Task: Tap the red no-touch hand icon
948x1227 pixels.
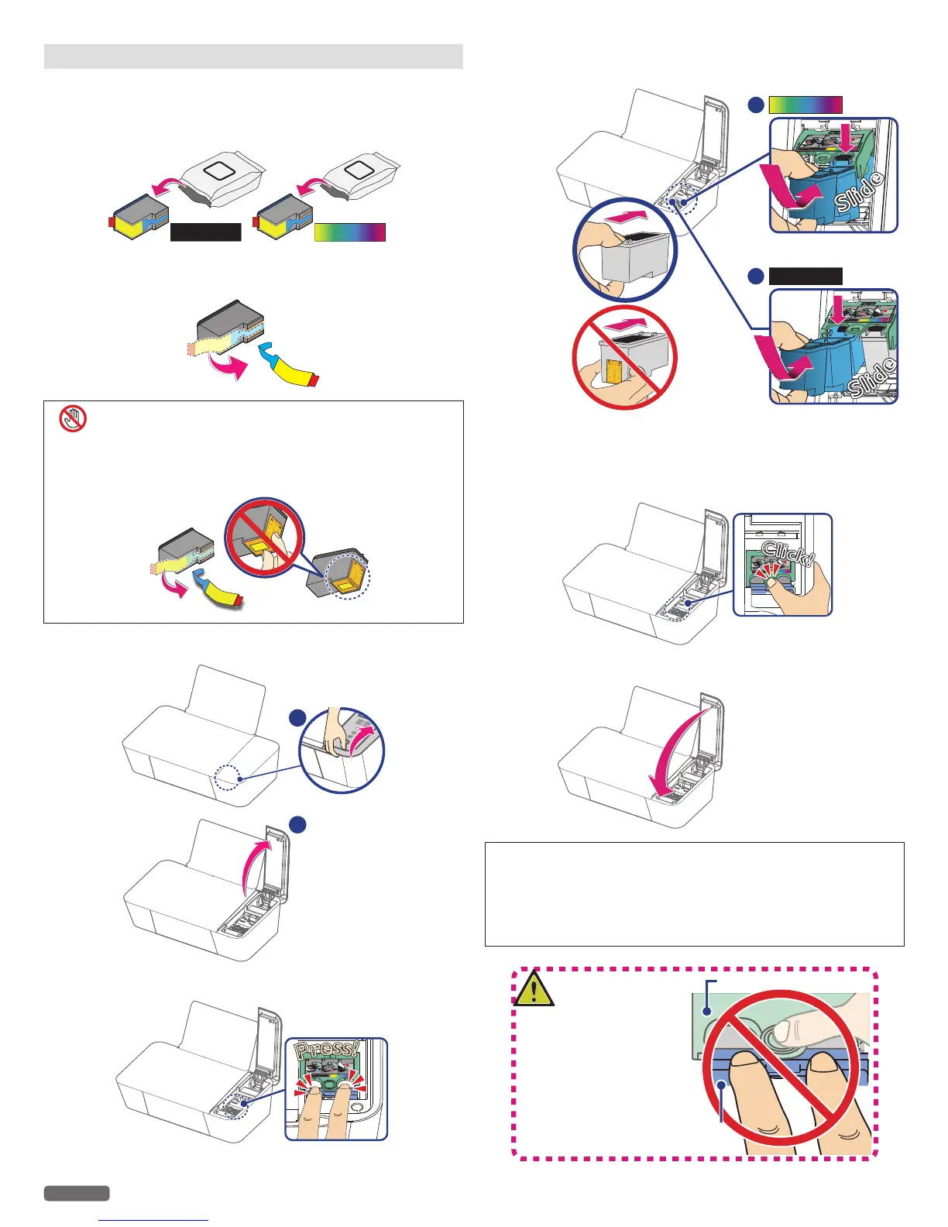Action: point(73,419)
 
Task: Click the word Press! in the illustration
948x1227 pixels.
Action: point(328,1051)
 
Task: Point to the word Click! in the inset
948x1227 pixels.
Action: point(788,554)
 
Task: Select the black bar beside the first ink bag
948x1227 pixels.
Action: point(205,232)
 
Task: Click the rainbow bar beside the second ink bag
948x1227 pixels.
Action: point(350,232)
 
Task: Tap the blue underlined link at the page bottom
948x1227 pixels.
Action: point(155,1220)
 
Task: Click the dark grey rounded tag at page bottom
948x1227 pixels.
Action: point(77,1193)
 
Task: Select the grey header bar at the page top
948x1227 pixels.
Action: point(253,57)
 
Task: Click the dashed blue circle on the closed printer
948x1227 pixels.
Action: point(228,777)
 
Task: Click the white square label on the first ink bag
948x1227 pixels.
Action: point(219,170)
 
